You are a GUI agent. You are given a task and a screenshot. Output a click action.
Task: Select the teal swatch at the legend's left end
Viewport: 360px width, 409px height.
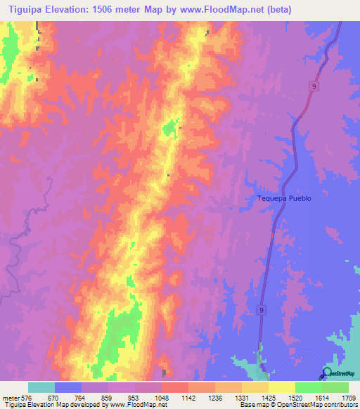click(x=41, y=387)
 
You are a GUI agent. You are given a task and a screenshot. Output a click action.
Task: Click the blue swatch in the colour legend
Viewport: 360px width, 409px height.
click(x=68, y=387)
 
